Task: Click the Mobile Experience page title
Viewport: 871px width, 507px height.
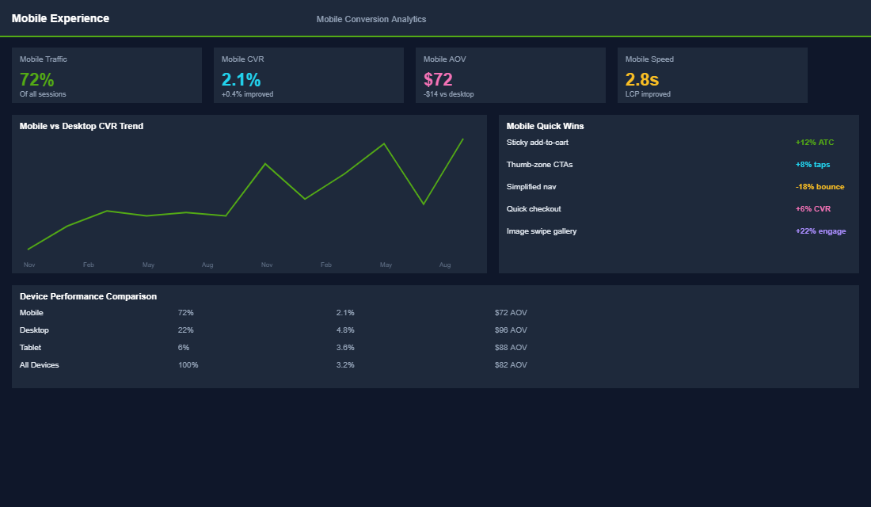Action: tap(60, 18)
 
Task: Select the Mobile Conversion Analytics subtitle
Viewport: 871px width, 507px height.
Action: tap(371, 19)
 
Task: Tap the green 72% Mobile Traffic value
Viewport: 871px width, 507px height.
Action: tap(36, 79)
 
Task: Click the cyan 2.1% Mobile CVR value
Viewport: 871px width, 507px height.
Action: tap(241, 79)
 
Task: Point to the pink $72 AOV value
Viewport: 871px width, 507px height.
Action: tap(438, 79)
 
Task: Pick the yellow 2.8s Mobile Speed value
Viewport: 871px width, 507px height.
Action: tap(641, 79)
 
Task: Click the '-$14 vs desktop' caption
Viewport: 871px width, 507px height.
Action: tap(448, 94)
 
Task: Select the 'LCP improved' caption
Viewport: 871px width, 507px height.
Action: tap(648, 94)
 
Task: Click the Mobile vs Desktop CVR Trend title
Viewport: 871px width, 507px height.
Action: tap(82, 126)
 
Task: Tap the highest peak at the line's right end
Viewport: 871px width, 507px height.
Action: tap(462, 139)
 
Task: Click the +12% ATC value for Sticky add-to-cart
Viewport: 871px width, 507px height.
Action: tap(814, 143)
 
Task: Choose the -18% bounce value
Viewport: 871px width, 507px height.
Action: tap(820, 187)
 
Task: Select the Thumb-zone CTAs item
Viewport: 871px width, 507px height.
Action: tap(539, 165)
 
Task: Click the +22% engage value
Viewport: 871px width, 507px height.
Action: tap(820, 231)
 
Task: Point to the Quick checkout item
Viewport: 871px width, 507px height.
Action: tap(534, 209)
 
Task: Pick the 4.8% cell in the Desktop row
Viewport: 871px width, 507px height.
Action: tap(345, 330)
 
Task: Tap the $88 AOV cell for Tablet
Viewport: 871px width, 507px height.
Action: tap(511, 348)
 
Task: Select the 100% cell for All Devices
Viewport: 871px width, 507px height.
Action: tap(188, 365)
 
